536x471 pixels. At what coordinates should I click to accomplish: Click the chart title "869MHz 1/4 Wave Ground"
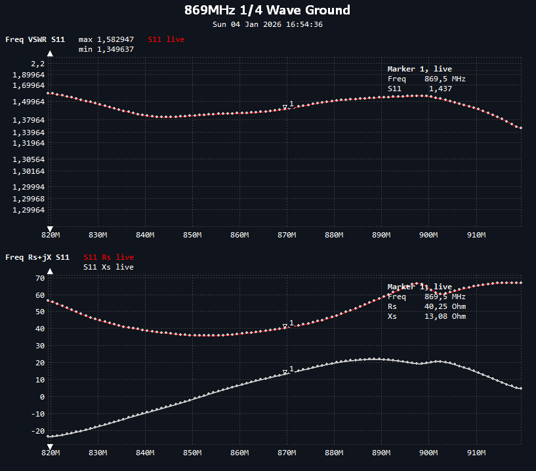268,10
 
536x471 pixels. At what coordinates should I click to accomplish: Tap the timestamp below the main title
268,24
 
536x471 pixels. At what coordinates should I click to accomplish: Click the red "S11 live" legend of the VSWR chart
166,39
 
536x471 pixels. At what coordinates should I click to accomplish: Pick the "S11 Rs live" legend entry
108,257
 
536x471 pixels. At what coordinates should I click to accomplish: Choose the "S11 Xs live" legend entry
108,267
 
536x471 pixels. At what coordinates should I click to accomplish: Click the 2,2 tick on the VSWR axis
38,64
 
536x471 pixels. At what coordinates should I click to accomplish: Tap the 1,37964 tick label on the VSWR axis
29,120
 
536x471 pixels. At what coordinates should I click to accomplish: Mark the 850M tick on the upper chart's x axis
192,235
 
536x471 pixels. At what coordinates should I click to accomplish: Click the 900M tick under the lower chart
428,453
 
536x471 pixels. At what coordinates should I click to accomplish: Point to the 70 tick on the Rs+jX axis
39,278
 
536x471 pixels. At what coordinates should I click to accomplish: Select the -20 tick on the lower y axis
37,431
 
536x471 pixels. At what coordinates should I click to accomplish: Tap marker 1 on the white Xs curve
285,373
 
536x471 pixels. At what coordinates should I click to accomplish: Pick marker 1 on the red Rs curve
285,326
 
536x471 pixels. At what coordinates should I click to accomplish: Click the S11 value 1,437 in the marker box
440,89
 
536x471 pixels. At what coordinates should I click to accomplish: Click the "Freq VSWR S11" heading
35,39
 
